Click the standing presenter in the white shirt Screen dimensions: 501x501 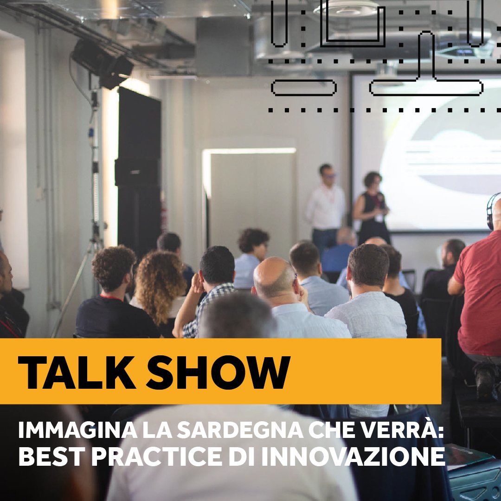click(326, 204)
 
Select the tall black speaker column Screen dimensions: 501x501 click(139, 172)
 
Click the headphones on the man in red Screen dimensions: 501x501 click(491, 211)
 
